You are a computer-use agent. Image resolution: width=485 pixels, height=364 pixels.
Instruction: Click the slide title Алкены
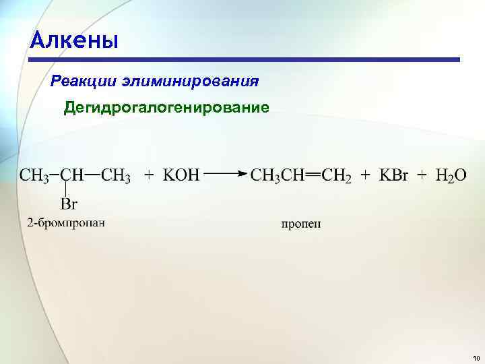tap(74, 40)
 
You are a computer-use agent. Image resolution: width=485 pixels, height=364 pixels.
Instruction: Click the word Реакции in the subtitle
tap(84, 82)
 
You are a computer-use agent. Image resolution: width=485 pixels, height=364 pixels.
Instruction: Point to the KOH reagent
tap(181, 175)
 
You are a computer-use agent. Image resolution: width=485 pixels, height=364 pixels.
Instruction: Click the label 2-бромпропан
tap(66, 222)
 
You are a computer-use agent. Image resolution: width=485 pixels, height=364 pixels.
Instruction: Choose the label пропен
tap(301, 224)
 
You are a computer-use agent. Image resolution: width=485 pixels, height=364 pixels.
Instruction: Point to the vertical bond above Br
tap(66, 190)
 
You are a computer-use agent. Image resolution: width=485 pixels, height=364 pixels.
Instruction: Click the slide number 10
tap(476, 357)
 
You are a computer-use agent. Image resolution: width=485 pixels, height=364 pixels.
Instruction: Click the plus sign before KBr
tap(365, 175)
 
